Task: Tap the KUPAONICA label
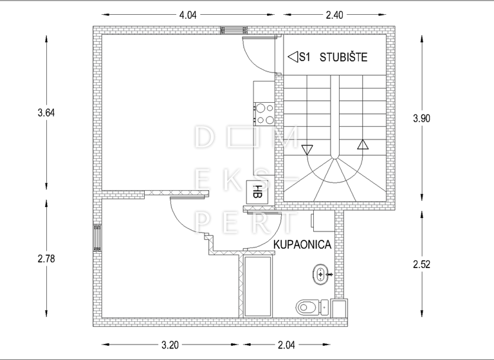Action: coord(302,244)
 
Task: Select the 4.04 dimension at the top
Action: coord(187,15)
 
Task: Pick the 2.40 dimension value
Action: coord(334,15)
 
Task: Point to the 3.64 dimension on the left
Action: coord(46,113)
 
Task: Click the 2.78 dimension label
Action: coord(46,258)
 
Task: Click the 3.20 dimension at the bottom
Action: coord(170,345)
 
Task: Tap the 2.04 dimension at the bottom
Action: coord(287,345)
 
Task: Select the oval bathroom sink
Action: coord(322,276)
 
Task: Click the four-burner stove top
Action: coord(264,113)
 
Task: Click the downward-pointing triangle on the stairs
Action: coord(307,150)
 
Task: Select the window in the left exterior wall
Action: coord(97,238)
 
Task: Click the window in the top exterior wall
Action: coord(234,30)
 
